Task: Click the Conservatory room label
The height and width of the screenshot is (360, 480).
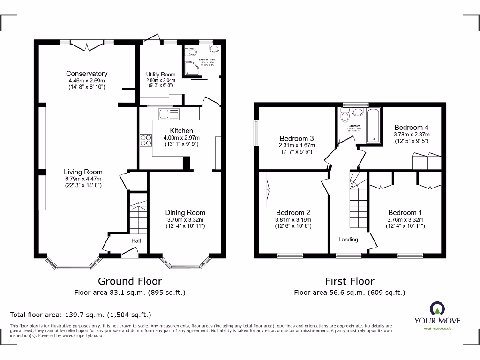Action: click(x=86, y=74)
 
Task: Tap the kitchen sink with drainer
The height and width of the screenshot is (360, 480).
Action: click(x=169, y=114)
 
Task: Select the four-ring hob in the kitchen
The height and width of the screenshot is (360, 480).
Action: click(x=146, y=140)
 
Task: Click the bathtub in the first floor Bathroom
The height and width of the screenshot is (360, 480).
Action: click(x=374, y=125)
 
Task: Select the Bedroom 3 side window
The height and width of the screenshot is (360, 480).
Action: click(x=256, y=133)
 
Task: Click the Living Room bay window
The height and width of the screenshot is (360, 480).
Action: click(x=73, y=265)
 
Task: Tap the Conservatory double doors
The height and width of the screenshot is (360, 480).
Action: click(x=87, y=45)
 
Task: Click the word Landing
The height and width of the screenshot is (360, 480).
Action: click(x=348, y=240)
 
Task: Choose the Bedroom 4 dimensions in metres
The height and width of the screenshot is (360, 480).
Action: click(x=412, y=134)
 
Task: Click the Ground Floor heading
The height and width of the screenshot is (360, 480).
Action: click(x=130, y=281)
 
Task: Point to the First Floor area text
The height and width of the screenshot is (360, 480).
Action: click(x=349, y=292)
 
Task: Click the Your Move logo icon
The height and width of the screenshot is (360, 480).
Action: click(x=436, y=308)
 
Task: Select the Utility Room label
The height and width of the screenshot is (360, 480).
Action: click(x=161, y=75)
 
